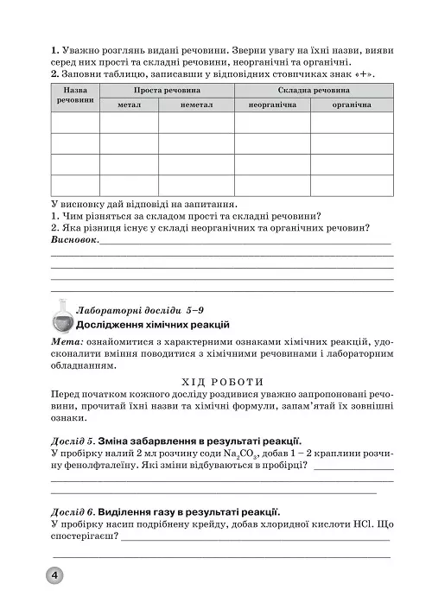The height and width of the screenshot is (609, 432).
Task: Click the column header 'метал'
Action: [x=128, y=105]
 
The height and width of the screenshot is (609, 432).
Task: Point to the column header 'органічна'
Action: [x=350, y=105]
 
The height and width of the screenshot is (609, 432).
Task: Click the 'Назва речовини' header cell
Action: [x=75, y=97]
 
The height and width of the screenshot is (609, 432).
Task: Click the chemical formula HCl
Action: [x=363, y=525]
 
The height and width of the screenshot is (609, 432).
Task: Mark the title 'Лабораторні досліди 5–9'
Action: [x=139, y=308]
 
